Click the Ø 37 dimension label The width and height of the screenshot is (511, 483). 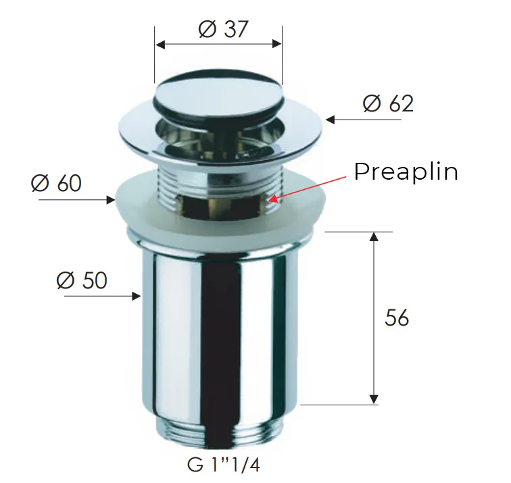(223, 29)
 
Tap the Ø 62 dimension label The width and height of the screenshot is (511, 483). (388, 104)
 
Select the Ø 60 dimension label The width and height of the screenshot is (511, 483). (56, 182)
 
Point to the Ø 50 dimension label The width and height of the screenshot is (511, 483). (82, 280)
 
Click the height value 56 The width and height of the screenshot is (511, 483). (397, 317)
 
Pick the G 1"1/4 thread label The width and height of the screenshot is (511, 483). (224, 465)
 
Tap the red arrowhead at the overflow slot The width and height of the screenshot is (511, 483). (272, 198)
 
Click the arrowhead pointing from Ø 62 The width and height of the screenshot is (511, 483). (330, 120)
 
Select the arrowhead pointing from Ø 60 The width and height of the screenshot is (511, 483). (112, 200)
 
